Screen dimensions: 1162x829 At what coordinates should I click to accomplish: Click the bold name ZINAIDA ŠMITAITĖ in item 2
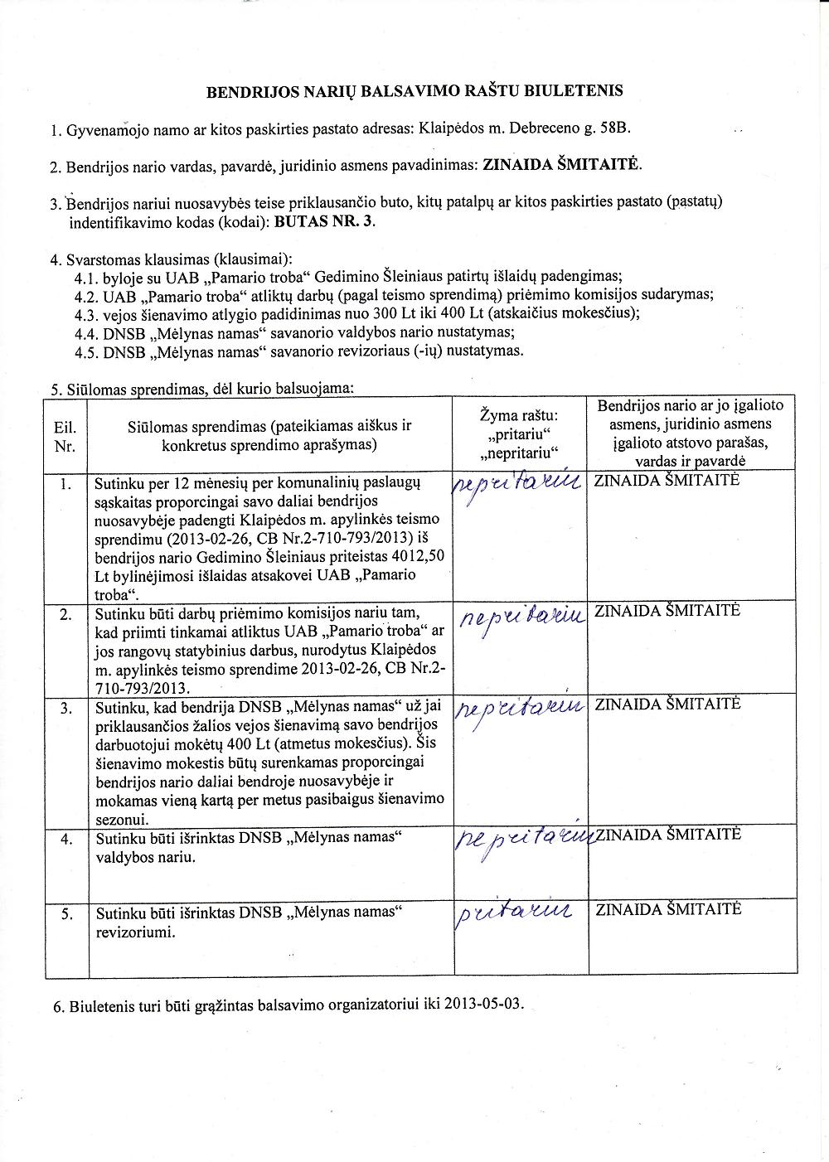[561, 165]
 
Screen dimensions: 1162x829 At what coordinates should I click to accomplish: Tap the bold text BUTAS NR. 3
[324, 222]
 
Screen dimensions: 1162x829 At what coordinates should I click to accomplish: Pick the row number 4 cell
[66, 839]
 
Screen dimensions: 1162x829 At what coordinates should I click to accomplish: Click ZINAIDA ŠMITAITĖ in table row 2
[667, 611]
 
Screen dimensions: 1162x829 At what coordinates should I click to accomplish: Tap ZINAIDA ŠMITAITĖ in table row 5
[667, 908]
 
